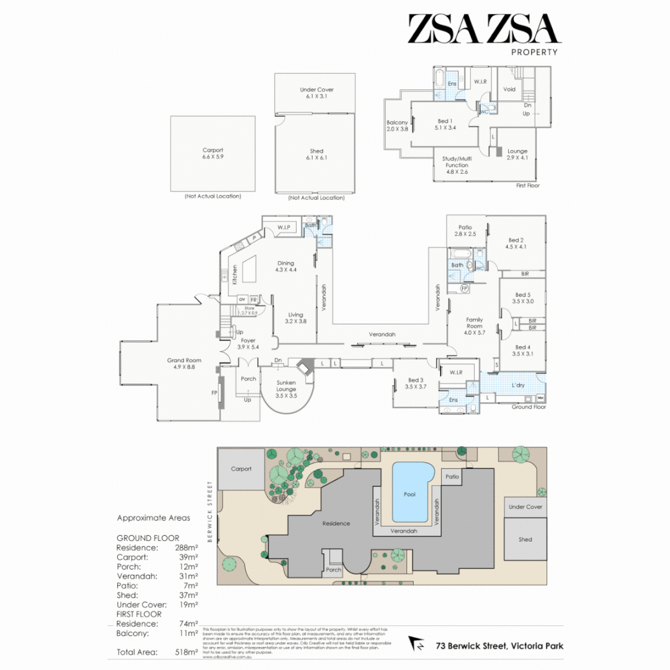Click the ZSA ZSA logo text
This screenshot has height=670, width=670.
click(484, 29)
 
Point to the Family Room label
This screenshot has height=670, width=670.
click(474, 323)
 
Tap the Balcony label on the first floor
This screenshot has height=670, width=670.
click(397, 123)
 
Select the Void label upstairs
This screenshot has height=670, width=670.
click(509, 89)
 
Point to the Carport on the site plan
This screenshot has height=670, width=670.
click(241, 468)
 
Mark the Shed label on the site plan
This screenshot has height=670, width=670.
click(525, 539)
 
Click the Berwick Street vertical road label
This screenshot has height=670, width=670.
click(210, 511)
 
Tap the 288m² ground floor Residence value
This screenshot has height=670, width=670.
click(187, 548)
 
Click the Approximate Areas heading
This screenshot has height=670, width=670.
click(153, 517)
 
